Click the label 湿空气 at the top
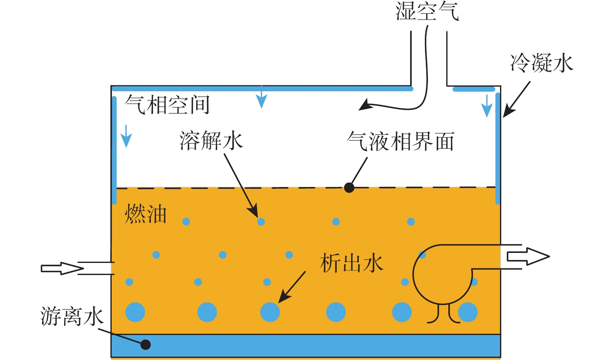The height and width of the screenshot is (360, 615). [x=427, y=11]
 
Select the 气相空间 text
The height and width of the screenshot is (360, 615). [x=167, y=105]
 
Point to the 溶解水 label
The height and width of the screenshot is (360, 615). [x=211, y=141]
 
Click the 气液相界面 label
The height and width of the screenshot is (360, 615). [x=400, y=142]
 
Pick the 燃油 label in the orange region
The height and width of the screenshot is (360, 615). [x=145, y=214]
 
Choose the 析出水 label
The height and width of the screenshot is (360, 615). [x=352, y=263]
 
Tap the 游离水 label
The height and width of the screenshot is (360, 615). [x=72, y=316]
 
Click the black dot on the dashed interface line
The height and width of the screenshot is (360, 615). [x=349, y=188]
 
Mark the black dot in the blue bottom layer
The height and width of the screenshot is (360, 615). [x=145, y=345]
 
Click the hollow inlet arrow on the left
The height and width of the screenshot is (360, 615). [x=62, y=268]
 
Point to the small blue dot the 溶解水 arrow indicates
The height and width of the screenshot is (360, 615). [x=261, y=222]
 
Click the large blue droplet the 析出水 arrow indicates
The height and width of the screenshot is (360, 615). [x=270, y=312]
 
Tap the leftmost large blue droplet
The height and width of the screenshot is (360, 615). [x=135, y=312]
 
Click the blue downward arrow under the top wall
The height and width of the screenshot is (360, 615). [x=261, y=97]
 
